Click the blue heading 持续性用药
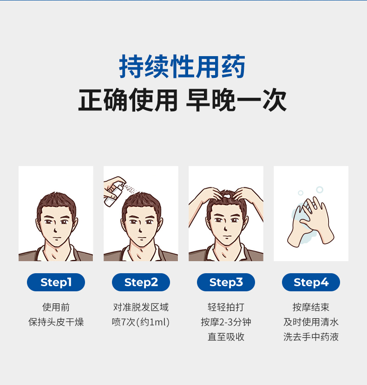point(182,66)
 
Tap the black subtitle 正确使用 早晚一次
point(182,100)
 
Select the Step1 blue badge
point(56,282)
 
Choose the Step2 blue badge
point(141,282)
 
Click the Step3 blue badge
point(226,282)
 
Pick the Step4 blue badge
point(311,282)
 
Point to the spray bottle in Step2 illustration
point(114,194)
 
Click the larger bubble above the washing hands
point(320,190)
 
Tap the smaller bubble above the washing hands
point(301,193)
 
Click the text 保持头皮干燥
point(56,322)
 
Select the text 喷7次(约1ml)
point(141,322)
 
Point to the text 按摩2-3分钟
point(226,322)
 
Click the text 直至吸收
point(226,337)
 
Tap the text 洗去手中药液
point(311,337)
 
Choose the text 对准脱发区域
point(141,307)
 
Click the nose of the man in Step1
point(55,230)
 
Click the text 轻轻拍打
point(226,307)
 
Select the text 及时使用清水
point(311,322)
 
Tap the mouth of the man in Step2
point(141,238)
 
